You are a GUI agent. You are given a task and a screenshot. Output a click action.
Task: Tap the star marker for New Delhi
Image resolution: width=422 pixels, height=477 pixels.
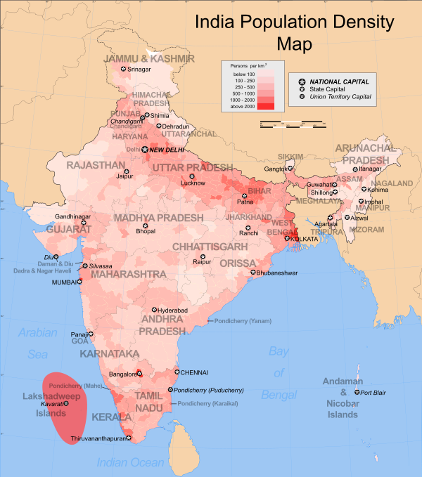[x=146, y=150]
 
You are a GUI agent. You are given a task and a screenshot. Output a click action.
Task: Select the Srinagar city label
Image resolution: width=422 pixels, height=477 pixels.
[x=139, y=69]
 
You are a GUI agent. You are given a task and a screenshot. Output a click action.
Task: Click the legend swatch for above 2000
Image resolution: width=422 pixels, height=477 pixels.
[x=267, y=105]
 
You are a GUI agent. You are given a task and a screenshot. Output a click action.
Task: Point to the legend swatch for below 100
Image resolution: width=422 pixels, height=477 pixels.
[x=267, y=72]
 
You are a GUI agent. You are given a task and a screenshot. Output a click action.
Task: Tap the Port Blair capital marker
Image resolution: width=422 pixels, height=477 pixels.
[x=357, y=393]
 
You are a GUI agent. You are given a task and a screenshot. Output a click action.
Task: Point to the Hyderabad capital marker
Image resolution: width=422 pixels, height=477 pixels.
[x=154, y=310]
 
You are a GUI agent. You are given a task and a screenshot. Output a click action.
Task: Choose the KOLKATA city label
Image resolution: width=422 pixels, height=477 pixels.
[x=305, y=239]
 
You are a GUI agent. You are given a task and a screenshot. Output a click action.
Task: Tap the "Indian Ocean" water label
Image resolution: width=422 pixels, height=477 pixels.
[x=130, y=462]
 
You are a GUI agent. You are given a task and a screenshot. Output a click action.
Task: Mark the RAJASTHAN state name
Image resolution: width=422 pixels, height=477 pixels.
[x=95, y=166]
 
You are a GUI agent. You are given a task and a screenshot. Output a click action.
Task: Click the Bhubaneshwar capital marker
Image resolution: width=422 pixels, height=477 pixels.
[x=253, y=272]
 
